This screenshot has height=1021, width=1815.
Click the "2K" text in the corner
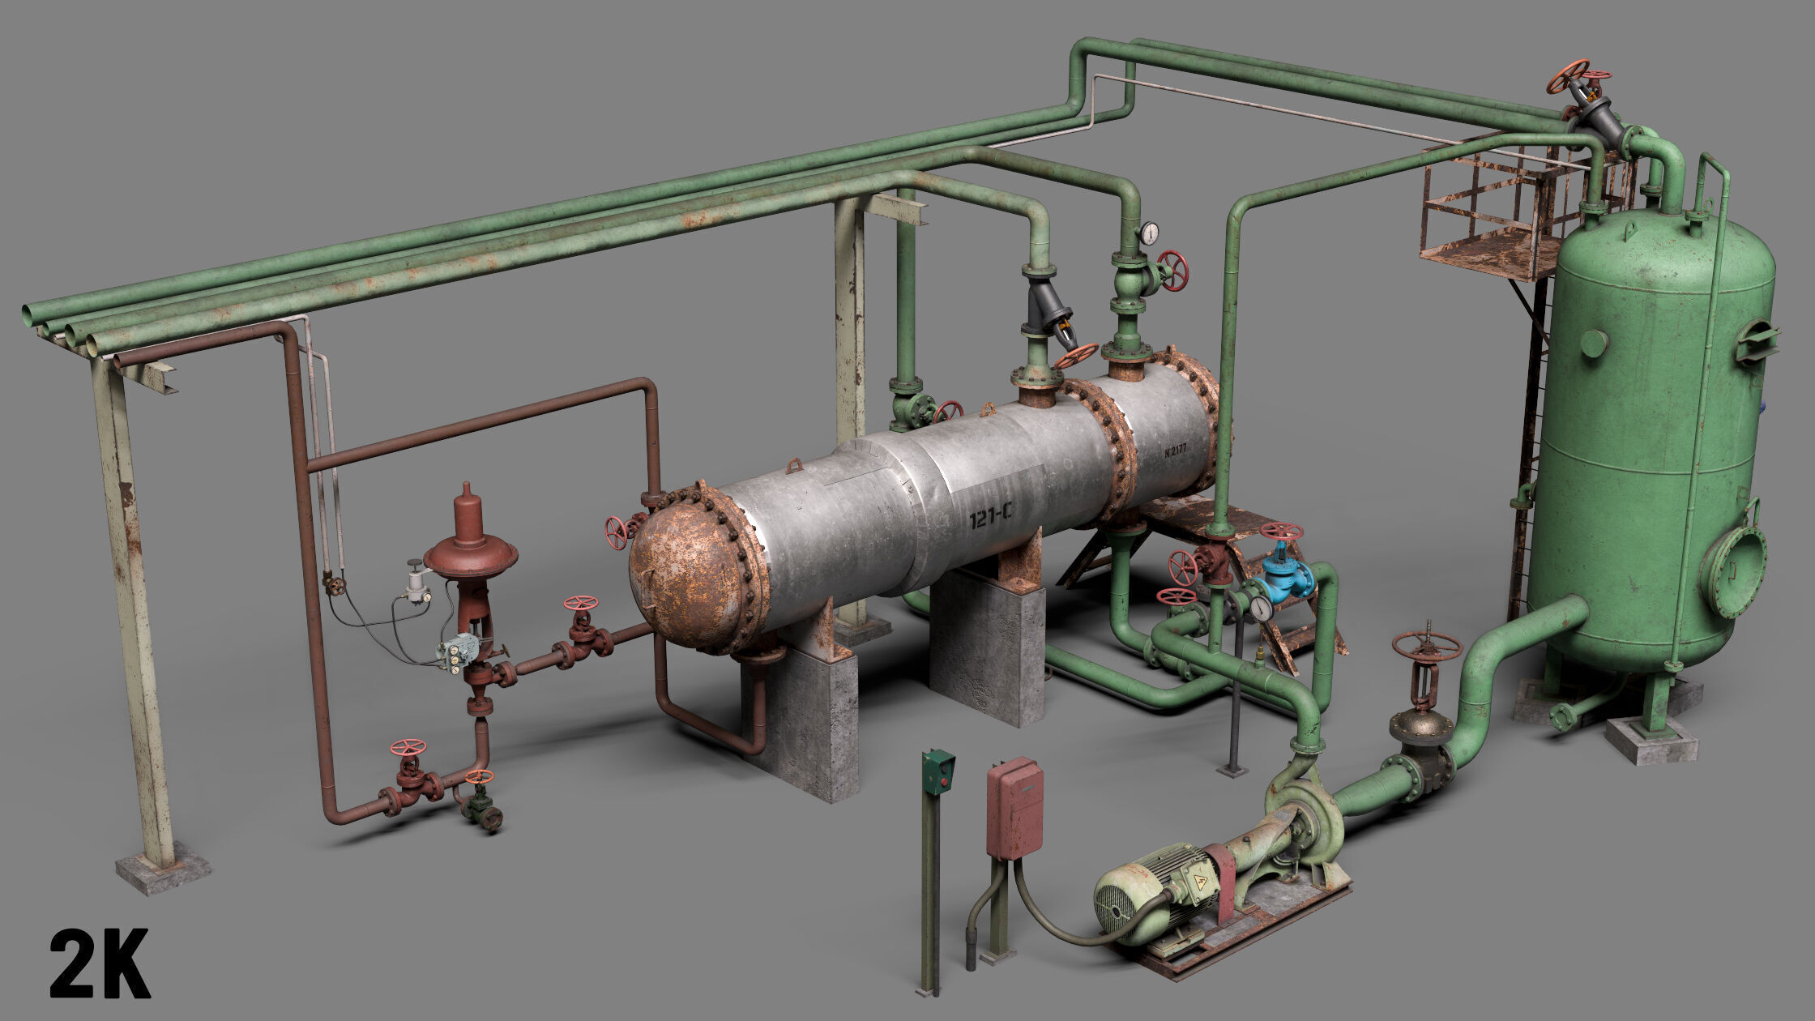coord(100,963)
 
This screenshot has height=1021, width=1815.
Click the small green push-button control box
coord(938,772)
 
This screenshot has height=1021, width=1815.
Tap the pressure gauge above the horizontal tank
coord(1148,234)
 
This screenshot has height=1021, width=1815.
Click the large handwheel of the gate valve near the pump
coord(1426,646)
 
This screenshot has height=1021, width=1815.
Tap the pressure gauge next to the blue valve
coord(1261,608)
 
